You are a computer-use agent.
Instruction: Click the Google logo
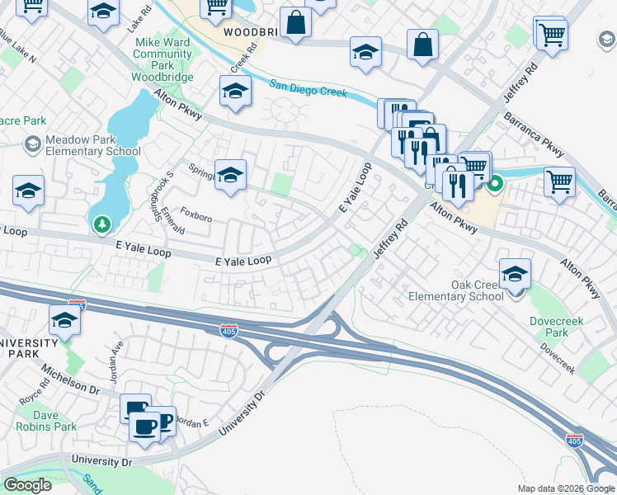(x=27, y=485)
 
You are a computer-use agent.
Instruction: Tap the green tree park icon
(x=101, y=224)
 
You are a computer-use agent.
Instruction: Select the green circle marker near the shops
(x=494, y=184)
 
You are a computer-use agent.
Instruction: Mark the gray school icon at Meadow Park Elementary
(x=32, y=145)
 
